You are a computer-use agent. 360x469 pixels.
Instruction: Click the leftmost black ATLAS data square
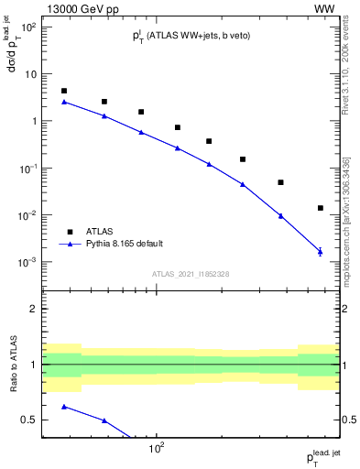click(64, 91)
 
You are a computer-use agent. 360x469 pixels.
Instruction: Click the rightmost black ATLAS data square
click(320, 208)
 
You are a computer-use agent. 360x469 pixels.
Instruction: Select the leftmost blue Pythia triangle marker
click(64, 102)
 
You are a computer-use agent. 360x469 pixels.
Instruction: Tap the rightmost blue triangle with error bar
click(320, 251)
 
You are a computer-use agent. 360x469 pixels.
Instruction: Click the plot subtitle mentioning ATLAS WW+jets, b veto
click(191, 36)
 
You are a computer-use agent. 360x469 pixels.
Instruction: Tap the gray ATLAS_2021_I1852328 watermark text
click(191, 275)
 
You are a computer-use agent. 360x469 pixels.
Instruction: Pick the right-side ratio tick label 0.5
click(351, 420)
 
